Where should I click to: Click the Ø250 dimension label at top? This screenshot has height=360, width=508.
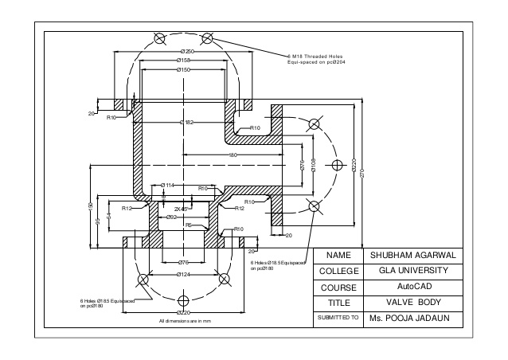(188, 51)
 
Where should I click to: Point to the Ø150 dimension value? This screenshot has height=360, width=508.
(182, 70)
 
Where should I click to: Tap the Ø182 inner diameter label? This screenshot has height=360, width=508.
(186, 122)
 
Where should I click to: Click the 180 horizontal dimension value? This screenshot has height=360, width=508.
(233, 155)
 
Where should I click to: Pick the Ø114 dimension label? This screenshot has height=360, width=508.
(167, 185)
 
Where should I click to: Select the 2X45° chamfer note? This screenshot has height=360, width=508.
(182, 209)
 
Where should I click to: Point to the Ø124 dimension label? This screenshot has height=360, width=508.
(184, 275)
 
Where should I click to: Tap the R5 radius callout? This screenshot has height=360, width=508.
(189, 225)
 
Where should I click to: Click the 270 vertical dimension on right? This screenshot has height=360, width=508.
(362, 173)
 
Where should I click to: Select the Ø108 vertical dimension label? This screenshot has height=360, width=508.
(314, 165)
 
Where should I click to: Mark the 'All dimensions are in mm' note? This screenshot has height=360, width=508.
(184, 320)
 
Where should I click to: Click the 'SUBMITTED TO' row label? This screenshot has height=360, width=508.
(338, 318)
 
